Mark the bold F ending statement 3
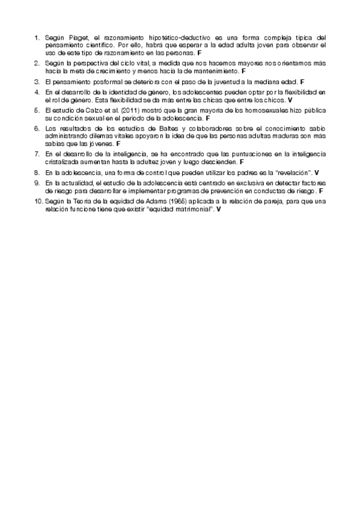[x=303, y=81]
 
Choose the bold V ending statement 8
[x=317, y=173]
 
